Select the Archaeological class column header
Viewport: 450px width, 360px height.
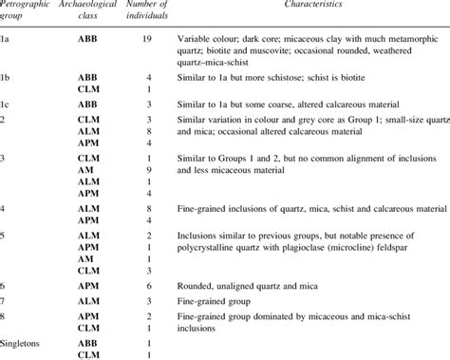(84, 11)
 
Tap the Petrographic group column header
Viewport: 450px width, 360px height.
(22, 11)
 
